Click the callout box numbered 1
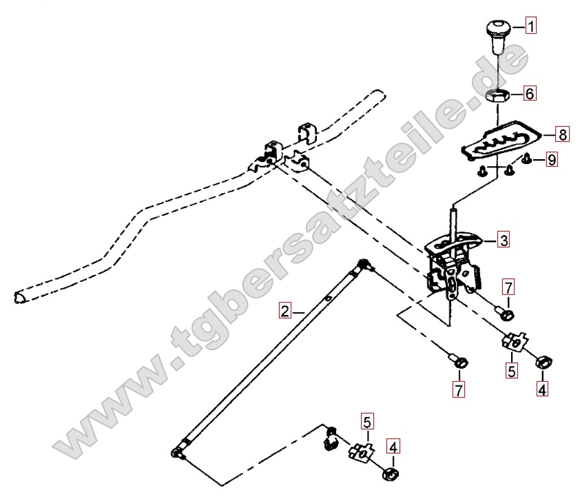pos(531,26)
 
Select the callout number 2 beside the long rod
pos(284,311)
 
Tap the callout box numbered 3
pos(504,240)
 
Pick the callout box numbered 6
pos(529,93)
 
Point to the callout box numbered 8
pos(562,134)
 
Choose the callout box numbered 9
pos(552,160)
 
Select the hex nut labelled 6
pos(498,97)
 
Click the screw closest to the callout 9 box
pos(526,159)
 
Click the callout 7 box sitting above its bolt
pos(508,287)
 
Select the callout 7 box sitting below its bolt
pos(459,389)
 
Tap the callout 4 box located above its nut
pos(393,447)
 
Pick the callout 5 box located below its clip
pos(512,370)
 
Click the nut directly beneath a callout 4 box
pos(391,473)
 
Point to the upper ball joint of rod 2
pos(363,265)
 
